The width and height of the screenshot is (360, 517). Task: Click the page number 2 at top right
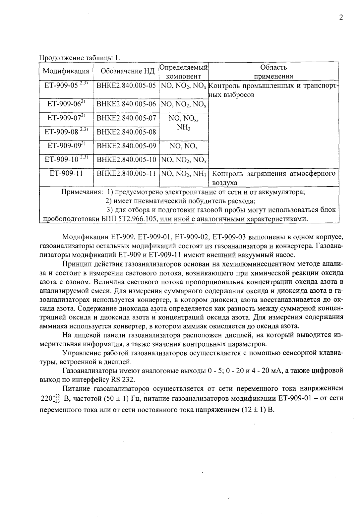point(341,18)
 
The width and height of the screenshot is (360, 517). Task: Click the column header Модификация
point(66,71)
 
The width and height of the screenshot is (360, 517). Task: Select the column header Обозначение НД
point(126,71)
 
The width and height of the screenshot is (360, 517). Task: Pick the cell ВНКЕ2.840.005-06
point(126,104)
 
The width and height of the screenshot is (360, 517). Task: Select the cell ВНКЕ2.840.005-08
point(126,132)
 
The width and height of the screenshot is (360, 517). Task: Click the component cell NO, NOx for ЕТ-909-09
point(184,146)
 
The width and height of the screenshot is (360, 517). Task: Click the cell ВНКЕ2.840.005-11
point(126,173)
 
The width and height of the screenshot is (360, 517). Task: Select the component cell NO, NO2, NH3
point(184,173)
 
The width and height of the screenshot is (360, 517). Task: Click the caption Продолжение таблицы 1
point(80,58)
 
